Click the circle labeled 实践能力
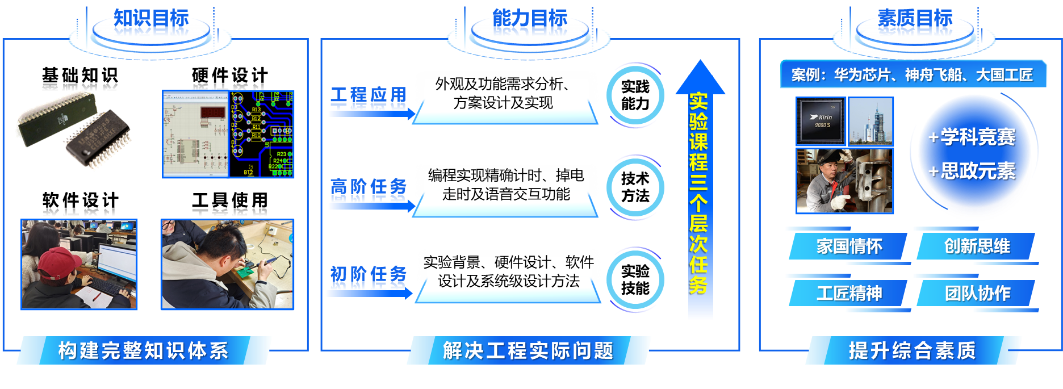click(635, 95)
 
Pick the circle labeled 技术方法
click(635, 187)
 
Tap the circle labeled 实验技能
click(635, 279)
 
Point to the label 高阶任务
click(369, 189)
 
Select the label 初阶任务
click(369, 277)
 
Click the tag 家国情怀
click(849, 246)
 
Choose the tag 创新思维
click(977, 246)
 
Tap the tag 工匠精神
click(849, 294)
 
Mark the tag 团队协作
click(977, 294)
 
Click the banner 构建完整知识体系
click(143, 350)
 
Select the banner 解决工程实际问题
click(528, 350)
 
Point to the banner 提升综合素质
click(912, 350)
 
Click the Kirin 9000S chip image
click(821, 121)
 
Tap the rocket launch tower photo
click(871, 121)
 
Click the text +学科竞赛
click(972, 137)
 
